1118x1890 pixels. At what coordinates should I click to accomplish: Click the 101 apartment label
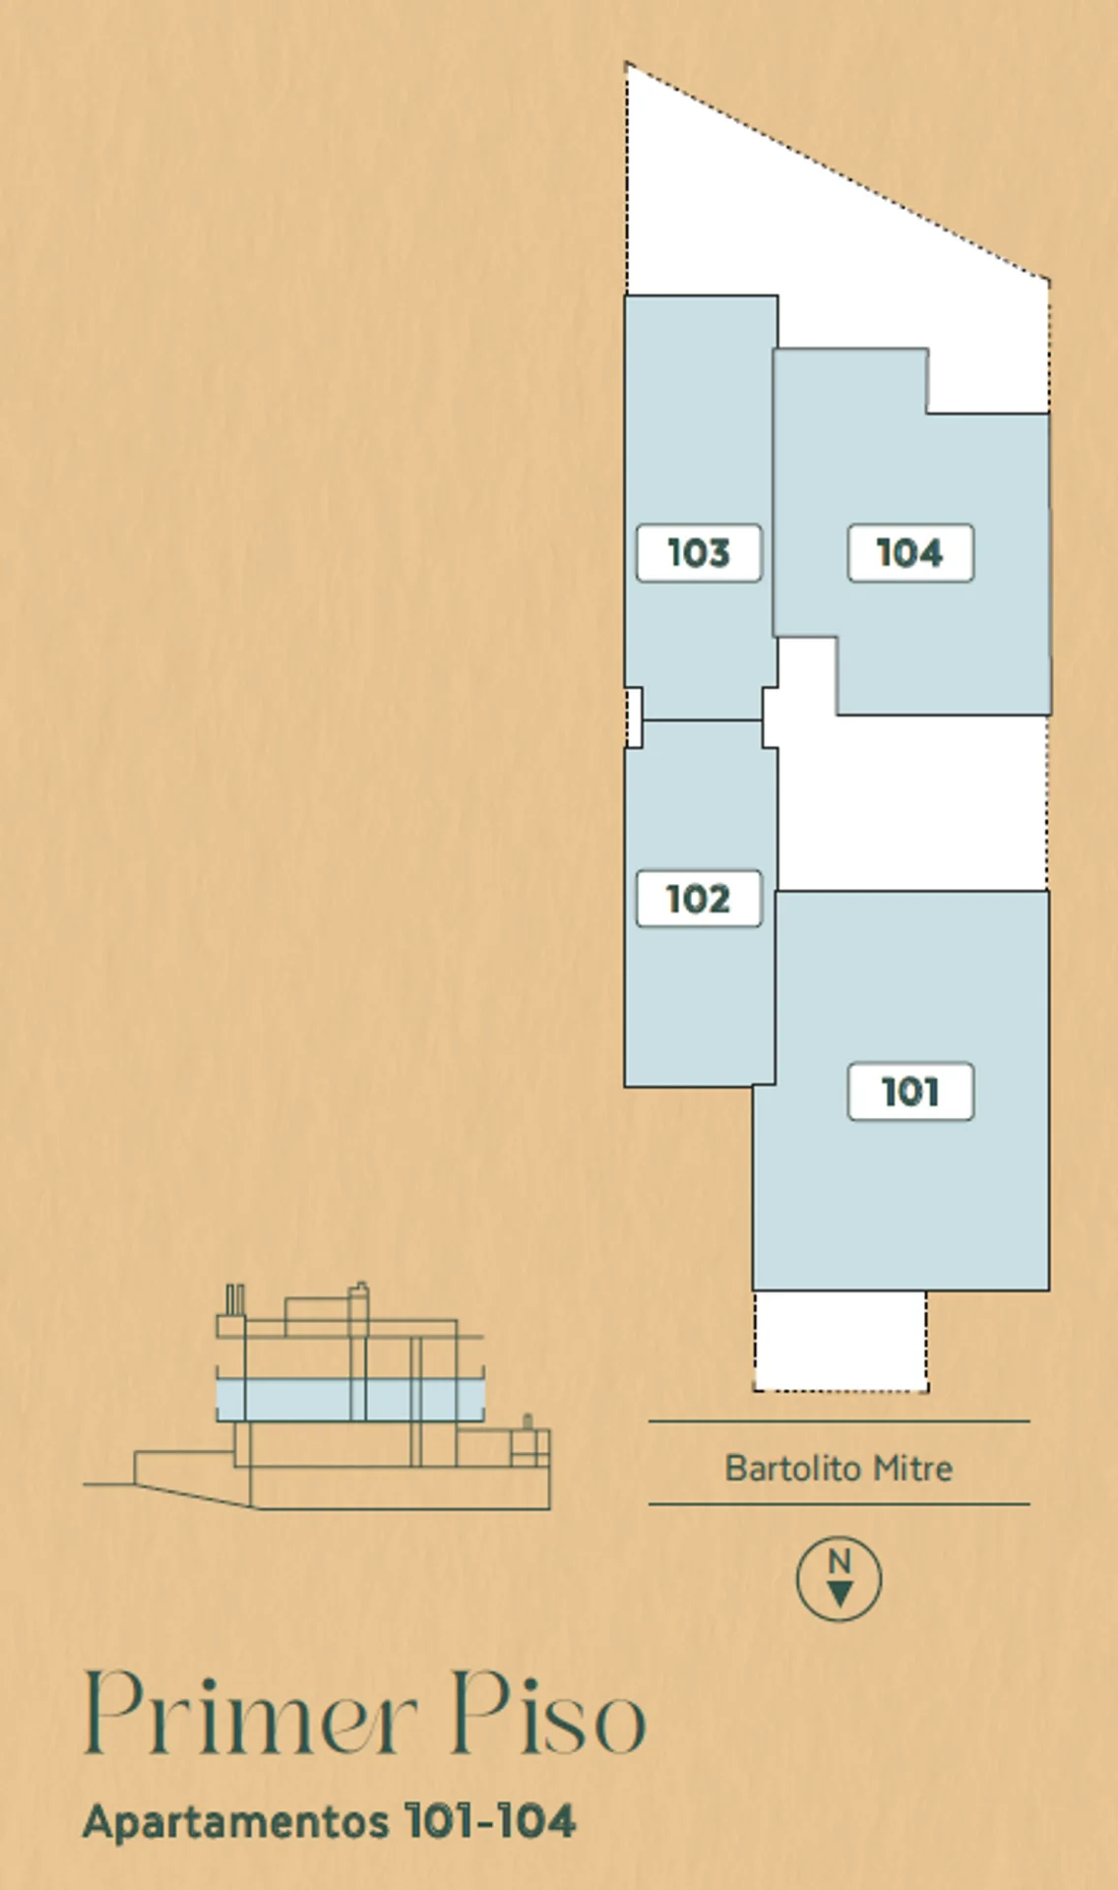(x=910, y=1091)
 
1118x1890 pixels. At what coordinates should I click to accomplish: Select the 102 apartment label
(x=699, y=898)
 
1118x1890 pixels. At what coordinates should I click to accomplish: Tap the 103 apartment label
(x=699, y=552)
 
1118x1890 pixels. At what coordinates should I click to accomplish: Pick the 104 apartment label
(x=910, y=552)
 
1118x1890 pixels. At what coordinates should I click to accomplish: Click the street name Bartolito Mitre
(x=838, y=1468)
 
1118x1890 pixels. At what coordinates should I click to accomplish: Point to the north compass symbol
(x=838, y=1579)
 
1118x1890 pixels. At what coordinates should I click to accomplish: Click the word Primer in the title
(x=251, y=1714)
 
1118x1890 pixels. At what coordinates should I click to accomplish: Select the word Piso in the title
(x=548, y=1714)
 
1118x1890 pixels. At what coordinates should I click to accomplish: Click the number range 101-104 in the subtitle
(x=489, y=1821)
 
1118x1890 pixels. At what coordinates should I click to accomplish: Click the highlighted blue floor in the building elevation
(x=350, y=1399)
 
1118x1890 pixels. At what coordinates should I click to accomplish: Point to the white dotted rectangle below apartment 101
(x=840, y=1341)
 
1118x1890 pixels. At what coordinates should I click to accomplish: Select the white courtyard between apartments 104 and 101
(x=910, y=802)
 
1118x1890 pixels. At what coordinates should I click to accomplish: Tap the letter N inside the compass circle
(x=838, y=1561)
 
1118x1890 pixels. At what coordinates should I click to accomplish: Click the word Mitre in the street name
(x=913, y=1468)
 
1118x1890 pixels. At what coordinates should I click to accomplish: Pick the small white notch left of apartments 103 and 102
(x=634, y=718)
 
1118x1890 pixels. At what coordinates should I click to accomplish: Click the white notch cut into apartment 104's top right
(x=987, y=380)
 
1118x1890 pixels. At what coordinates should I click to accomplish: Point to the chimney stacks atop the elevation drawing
(x=234, y=1299)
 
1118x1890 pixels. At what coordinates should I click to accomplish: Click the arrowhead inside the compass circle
(x=838, y=1593)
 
